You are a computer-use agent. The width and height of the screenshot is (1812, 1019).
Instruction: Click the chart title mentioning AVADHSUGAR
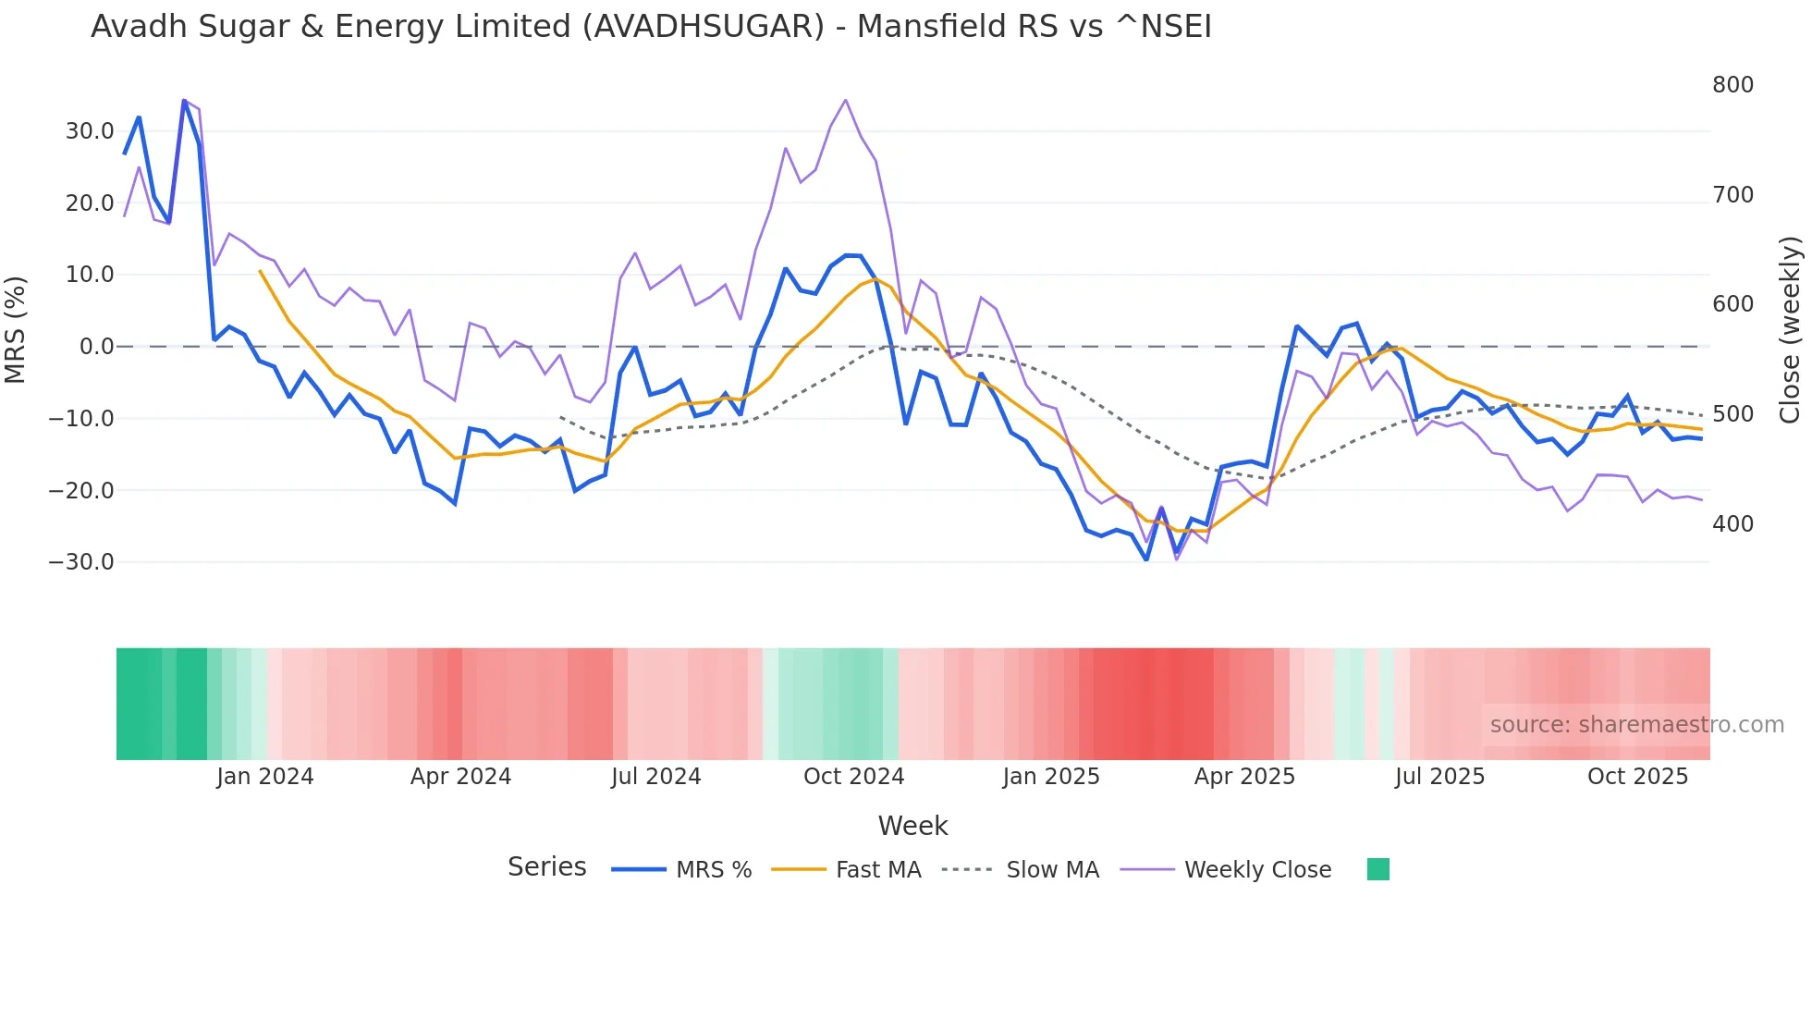pyautogui.click(x=651, y=27)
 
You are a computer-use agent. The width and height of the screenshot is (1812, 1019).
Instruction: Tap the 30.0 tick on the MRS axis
pyautogui.click(x=90, y=131)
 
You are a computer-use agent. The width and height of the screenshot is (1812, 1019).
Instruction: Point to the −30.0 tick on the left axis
pyautogui.click(x=81, y=562)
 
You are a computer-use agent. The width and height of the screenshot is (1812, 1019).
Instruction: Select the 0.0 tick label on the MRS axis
pyautogui.click(x=96, y=347)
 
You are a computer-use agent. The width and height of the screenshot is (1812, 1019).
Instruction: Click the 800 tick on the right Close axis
pyautogui.click(x=1732, y=85)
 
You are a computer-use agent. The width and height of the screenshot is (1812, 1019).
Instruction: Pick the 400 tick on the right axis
pyautogui.click(x=1732, y=524)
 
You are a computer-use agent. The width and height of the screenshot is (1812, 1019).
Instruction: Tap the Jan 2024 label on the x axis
pyautogui.click(x=265, y=777)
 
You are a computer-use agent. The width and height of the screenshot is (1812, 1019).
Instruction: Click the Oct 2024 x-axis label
pyautogui.click(x=853, y=777)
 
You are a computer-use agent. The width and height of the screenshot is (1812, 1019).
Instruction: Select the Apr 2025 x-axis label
pyautogui.click(x=1244, y=777)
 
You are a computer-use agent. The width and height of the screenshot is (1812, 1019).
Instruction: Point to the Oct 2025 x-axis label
pyautogui.click(x=1637, y=777)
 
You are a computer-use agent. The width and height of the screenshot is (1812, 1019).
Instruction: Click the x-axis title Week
pyautogui.click(x=912, y=826)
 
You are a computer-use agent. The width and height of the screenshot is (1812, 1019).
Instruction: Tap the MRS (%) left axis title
pyautogui.click(x=16, y=329)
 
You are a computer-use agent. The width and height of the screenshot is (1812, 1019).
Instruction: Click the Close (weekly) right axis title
pyautogui.click(x=1791, y=329)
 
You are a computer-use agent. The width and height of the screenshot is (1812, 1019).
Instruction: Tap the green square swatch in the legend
pyautogui.click(x=1378, y=869)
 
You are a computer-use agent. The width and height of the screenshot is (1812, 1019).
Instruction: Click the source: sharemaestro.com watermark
pyautogui.click(x=1636, y=725)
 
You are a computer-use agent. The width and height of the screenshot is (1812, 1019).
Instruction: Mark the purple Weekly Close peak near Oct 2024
pyautogui.click(x=845, y=100)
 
